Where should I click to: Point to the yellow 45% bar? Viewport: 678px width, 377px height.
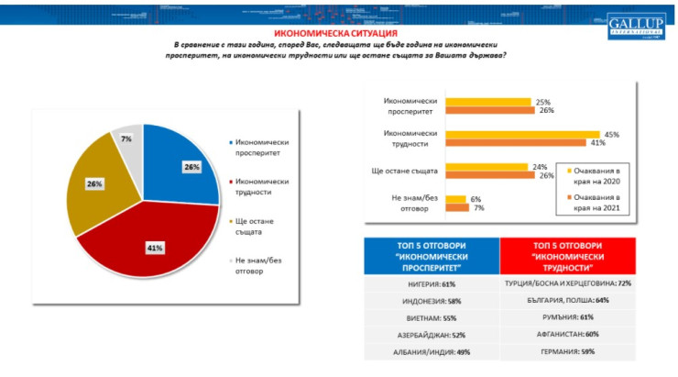coord(521,134)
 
